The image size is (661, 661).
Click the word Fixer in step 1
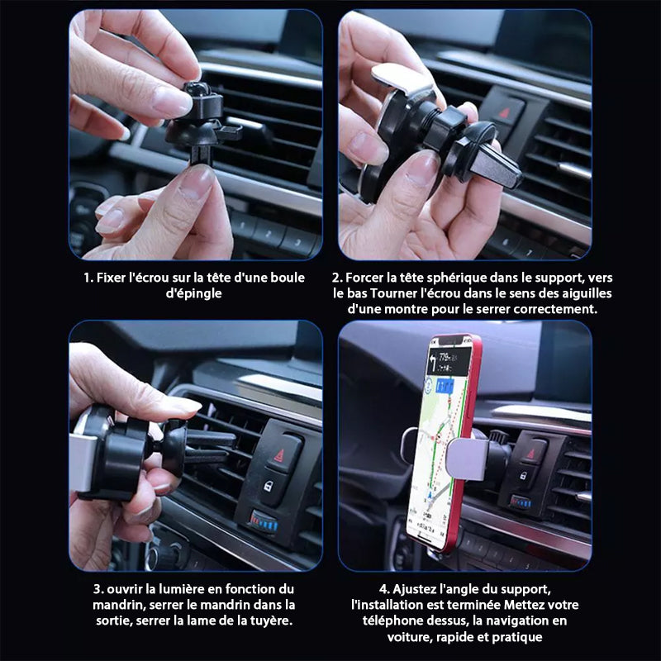click(111, 278)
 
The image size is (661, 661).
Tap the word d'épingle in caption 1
click(193, 294)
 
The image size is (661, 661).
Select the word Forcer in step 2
click(364, 278)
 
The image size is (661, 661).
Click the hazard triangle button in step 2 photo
click(504, 113)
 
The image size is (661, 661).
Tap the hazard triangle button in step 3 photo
click(279, 455)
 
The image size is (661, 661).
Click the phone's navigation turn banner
click(449, 361)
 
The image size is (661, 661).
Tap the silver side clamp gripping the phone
click(465, 459)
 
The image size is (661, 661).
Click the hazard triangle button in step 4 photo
click(530, 454)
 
